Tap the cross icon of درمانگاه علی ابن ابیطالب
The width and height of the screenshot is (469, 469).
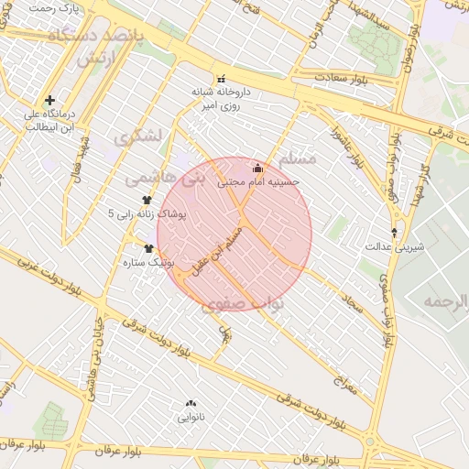click(49, 100)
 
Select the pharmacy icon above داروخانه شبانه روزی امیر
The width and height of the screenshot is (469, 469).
click(219, 78)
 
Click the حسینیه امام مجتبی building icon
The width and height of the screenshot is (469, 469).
click(257, 168)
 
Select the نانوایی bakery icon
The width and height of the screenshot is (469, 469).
click(191, 403)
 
